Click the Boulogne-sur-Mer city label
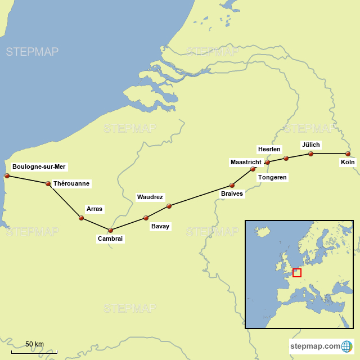[39, 166]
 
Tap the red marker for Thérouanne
[48, 183]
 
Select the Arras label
[94, 209]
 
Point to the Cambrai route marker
[110, 230]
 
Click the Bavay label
[160, 226]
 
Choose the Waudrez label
[150, 197]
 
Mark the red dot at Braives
[232, 185]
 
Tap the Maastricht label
[246, 162]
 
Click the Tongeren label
[272, 177]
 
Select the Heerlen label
[269, 149]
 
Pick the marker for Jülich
[310, 154]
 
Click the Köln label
[348, 163]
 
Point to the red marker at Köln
[348, 154]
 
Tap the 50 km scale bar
[34, 352]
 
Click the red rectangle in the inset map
[297, 273]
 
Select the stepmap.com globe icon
[348, 345]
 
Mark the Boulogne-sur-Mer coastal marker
[7, 175]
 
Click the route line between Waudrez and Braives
[200, 195]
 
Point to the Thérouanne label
[71, 183]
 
